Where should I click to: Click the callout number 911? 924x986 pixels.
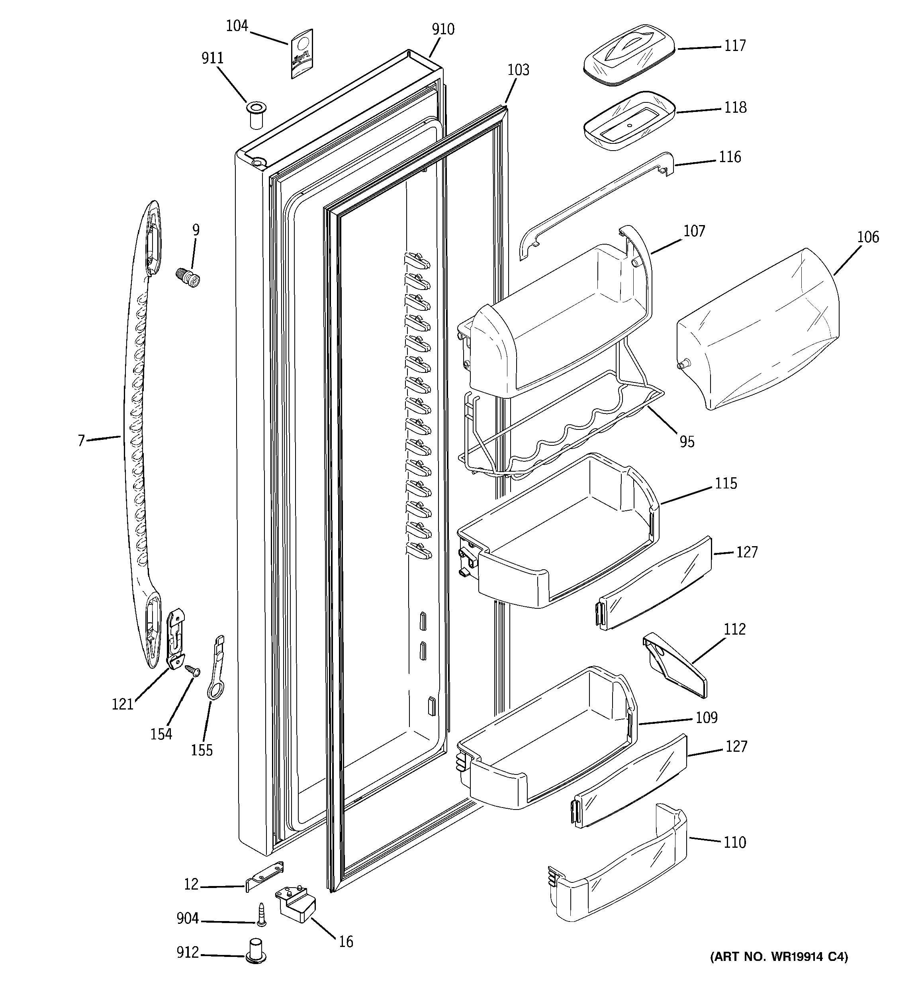pyautogui.click(x=212, y=58)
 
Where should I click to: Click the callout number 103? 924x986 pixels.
pyautogui.click(x=518, y=70)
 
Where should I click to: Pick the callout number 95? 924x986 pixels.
pyautogui.click(x=687, y=441)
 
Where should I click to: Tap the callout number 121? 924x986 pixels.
pyautogui.click(x=123, y=704)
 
